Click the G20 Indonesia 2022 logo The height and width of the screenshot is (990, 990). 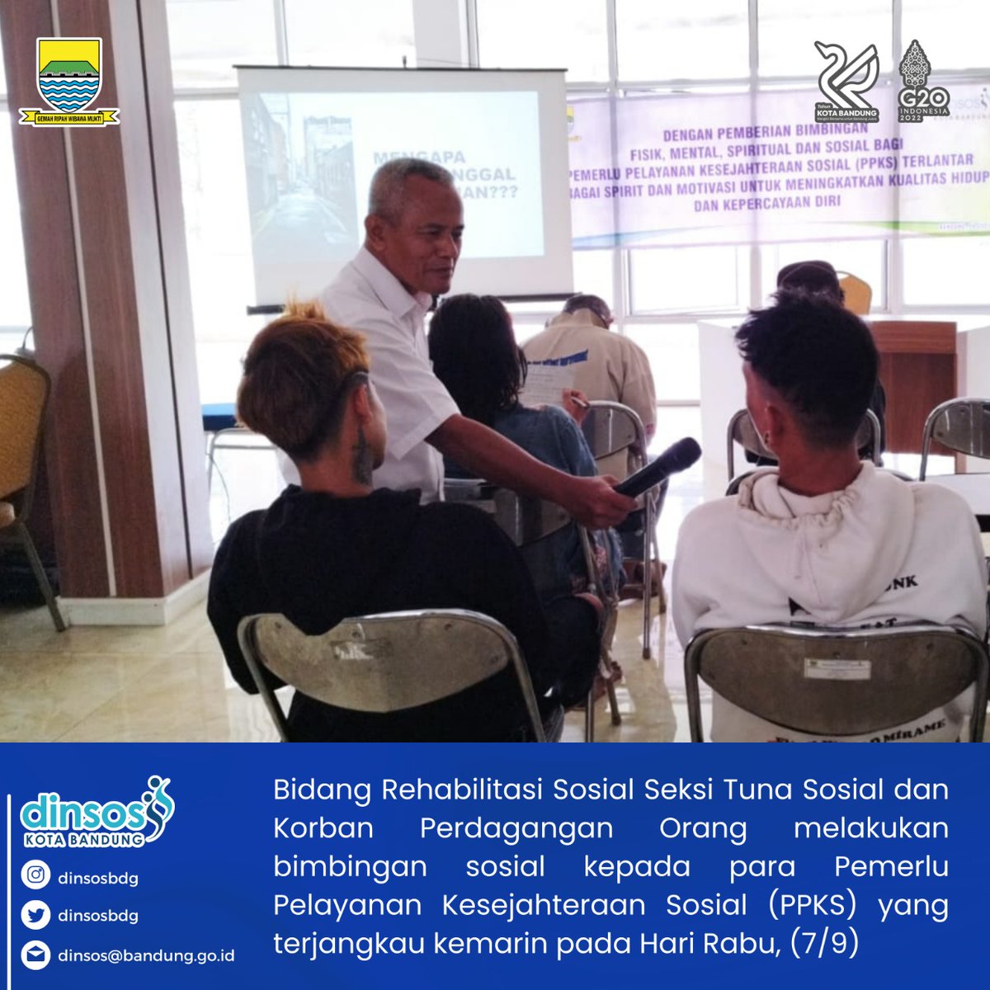pyautogui.click(x=923, y=81)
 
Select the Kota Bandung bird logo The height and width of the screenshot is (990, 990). pyautogui.click(x=846, y=82)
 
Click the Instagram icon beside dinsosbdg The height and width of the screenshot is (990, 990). pyautogui.click(x=35, y=876)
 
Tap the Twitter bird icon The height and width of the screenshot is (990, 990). pyautogui.click(x=35, y=915)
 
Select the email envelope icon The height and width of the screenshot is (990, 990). pyautogui.click(x=35, y=955)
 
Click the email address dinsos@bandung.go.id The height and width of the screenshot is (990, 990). pyautogui.click(x=146, y=955)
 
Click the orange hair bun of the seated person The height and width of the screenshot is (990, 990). pyautogui.click(x=304, y=311)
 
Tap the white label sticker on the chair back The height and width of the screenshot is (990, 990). pyautogui.click(x=837, y=668)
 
